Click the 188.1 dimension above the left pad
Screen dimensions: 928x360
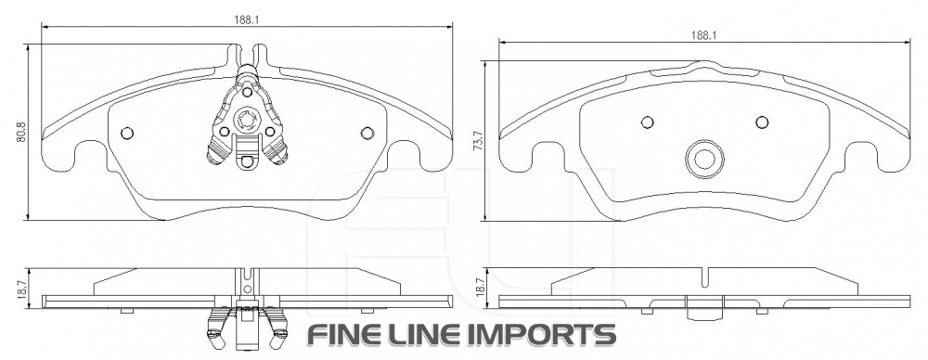click(x=248, y=19)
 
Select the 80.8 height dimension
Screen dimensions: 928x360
click(x=21, y=132)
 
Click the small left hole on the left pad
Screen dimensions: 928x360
click(x=126, y=134)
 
